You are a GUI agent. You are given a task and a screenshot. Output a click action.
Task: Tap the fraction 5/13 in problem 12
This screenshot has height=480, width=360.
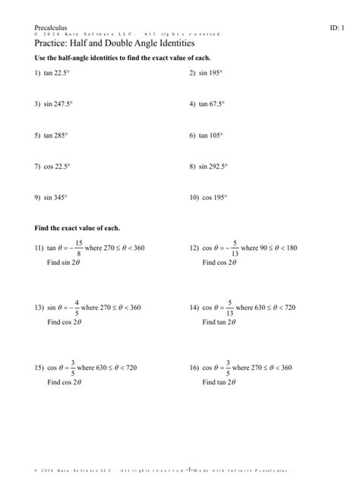[235, 248]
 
